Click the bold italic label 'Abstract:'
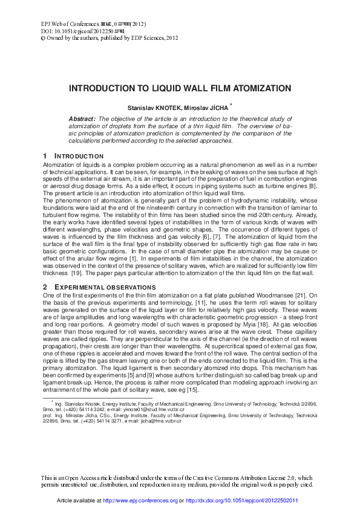click(x=82, y=120)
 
